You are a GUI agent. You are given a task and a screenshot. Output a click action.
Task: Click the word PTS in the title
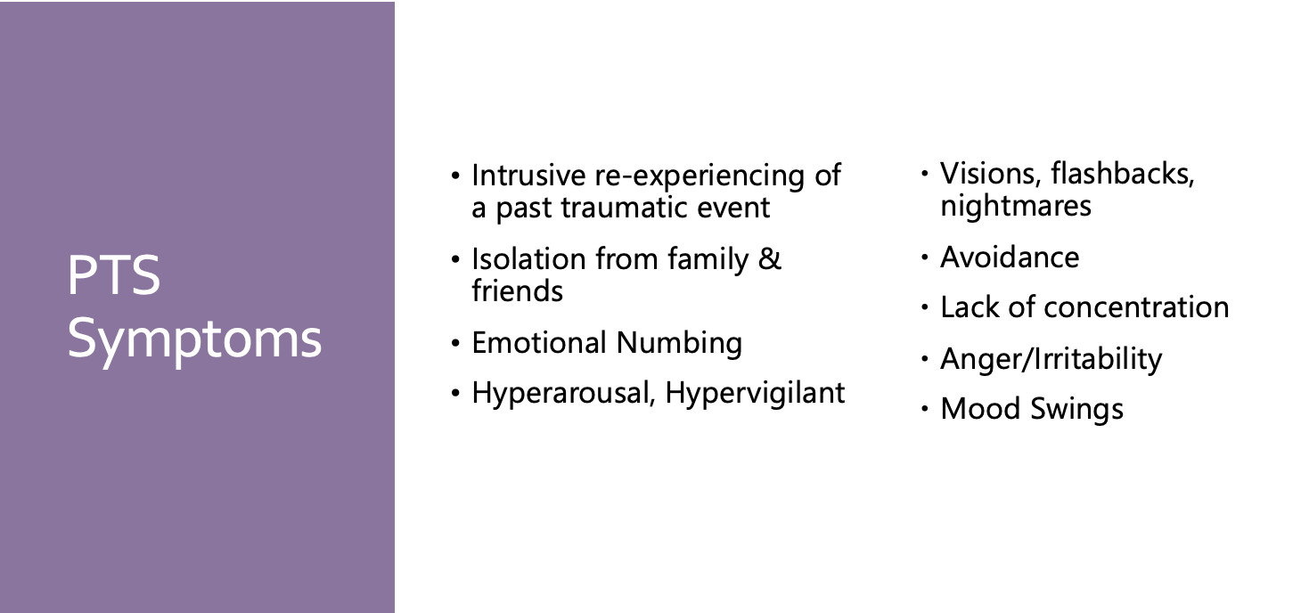click(x=114, y=274)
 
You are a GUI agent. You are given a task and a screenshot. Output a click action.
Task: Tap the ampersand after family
click(x=770, y=259)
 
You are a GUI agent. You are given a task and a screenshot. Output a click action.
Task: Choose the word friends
click(x=517, y=290)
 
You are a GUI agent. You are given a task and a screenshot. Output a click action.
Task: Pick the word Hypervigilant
click(x=755, y=394)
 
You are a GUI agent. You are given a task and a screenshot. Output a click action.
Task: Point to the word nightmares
click(x=1016, y=207)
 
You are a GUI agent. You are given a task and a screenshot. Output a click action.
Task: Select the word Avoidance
click(x=1010, y=257)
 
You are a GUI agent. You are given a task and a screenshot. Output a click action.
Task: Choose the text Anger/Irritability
click(x=1051, y=359)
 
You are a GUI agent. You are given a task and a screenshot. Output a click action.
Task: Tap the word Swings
click(x=1076, y=409)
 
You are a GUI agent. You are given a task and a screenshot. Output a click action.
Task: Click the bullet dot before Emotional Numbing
click(x=455, y=343)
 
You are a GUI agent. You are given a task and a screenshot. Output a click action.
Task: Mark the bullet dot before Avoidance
click(x=925, y=257)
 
